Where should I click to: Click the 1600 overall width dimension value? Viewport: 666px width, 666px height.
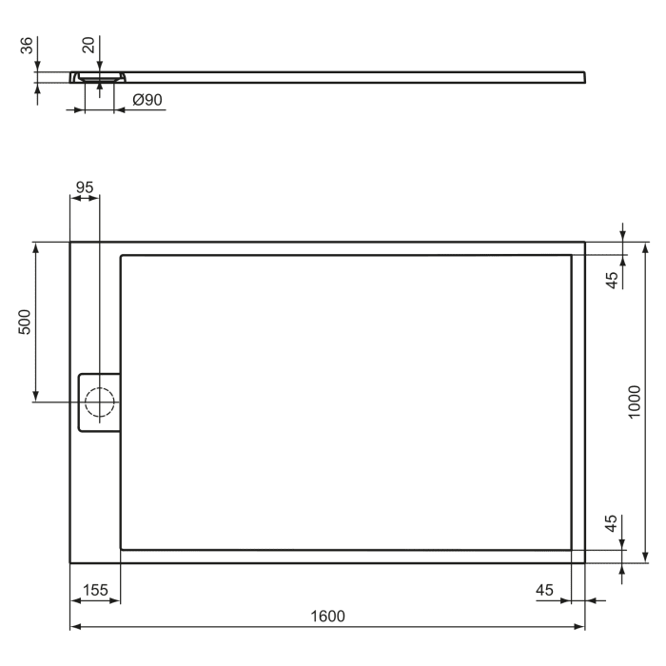coord(326,616)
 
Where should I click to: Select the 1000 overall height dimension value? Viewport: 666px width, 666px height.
coord(635,402)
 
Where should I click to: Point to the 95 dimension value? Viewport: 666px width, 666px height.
coord(85,187)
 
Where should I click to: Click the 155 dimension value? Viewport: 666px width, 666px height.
coord(94,590)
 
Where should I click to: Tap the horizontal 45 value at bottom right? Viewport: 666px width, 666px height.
coord(544,590)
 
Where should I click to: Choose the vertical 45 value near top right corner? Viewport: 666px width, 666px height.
coord(613,279)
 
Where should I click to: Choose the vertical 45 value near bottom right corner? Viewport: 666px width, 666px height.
coord(613,523)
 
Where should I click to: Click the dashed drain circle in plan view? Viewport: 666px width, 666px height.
coord(99,402)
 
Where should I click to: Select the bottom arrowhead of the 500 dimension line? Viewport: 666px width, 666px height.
coord(36,397)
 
